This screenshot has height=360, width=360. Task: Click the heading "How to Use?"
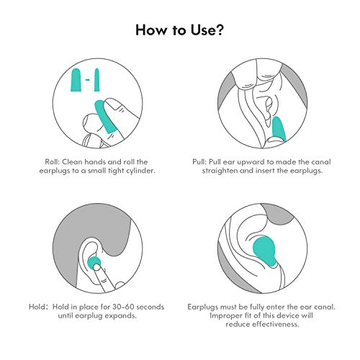[x=179, y=30]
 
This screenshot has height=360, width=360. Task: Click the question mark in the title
[x=219, y=30]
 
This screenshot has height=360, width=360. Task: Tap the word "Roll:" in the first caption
[x=52, y=162]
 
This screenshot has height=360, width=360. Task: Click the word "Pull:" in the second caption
[x=199, y=162]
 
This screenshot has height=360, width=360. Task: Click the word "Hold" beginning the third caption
[x=36, y=307]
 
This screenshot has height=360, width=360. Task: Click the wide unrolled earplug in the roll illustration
[x=76, y=80]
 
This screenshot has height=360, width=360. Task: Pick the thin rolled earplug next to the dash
[x=96, y=80]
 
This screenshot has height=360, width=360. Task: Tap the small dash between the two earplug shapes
[x=88, y=80]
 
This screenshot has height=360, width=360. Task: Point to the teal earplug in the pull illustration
[x=279, y=129]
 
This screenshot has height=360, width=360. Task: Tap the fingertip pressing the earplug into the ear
[x=97, y=267]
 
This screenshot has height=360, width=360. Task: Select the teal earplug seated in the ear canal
[x=265, y=251]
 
